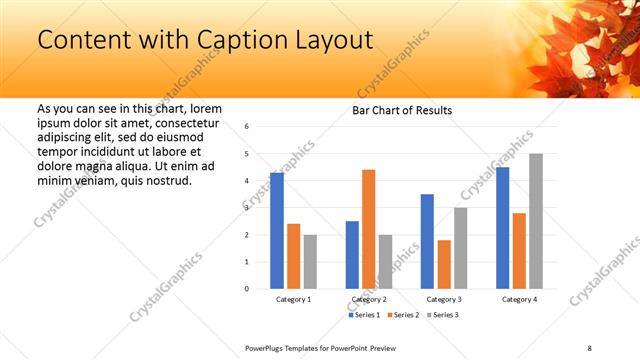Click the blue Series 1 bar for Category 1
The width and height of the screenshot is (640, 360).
(277, 231)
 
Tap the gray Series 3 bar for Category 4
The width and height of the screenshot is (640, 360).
(536, 221)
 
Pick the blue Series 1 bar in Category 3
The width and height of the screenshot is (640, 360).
(427, 241)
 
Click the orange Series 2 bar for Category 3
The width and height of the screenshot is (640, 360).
(444, 264)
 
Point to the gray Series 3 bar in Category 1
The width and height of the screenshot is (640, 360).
(310, 261)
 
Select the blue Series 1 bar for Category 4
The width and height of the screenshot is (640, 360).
(502, 228)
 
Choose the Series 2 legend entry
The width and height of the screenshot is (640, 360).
(403, 315)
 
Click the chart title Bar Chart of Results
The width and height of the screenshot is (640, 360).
(402, 110)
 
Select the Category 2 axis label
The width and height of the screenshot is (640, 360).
(369, 299)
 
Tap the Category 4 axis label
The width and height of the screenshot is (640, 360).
(519, 299)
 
